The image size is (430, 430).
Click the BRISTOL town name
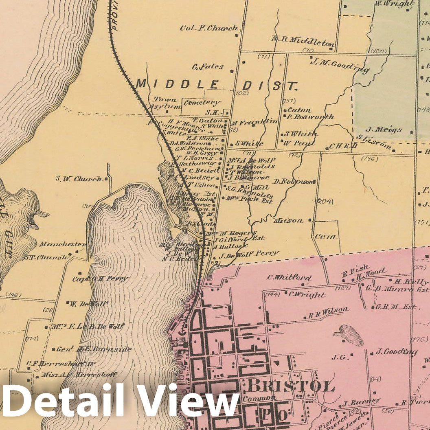coord(291,385)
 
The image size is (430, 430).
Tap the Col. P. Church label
coord(209,28)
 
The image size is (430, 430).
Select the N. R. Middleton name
coord(303,39)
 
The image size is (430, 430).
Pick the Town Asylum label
coord(165,103)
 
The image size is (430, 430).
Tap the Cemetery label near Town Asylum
coord(202,103)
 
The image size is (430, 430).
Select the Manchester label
coord(62,244)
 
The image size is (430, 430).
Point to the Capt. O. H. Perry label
coord(100,279)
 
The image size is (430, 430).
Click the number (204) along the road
coord(325,201)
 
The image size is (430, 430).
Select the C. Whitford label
coord(289,278)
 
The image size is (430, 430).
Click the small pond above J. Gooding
coord(348,334)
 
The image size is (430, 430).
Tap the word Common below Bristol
coord(256,399)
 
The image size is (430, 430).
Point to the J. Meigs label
coord(383,129)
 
